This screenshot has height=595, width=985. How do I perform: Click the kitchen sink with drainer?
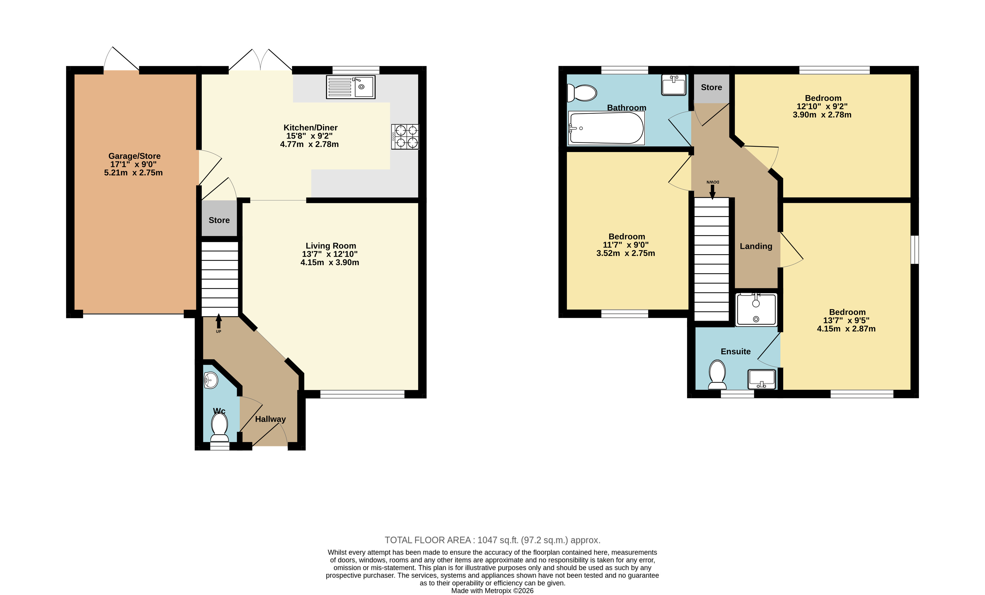pyautogui.click(x=351, y=87)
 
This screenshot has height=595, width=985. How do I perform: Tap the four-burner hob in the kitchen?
pyautogui.click(x=405, y=137)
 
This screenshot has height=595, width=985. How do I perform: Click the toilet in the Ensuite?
pyautogui.click(x=717, y=375)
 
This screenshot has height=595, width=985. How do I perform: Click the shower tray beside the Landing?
pyautogui.click(x=756, y=309)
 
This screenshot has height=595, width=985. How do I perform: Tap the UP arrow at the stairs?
pyautogui.click(x=219, y=321)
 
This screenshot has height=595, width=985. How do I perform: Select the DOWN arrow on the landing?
pyautogui.click(x=712, y=191)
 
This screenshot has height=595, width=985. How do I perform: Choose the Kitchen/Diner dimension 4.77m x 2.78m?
pyautogui.click(x=310, y=144)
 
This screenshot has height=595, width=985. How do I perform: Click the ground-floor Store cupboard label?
pyautogui.click(x=219, y=220)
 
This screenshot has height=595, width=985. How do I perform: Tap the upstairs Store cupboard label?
pyautogui.click(x=711, y=87)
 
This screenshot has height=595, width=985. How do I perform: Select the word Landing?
pyautogui.click(x=756, y=246)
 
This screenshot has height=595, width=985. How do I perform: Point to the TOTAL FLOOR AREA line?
pyautogui.click(x=493, y=540)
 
